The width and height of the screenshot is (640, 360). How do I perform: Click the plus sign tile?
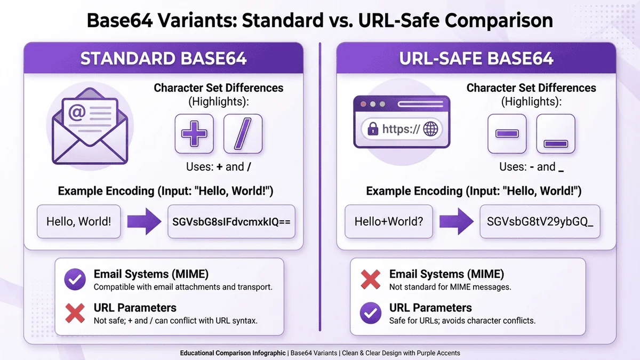pos(194,134)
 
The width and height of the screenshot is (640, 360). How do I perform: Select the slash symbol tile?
pos(243,134)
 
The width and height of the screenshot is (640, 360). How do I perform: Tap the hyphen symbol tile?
pos(507,134)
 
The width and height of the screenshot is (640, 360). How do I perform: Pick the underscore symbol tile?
pos(556,134)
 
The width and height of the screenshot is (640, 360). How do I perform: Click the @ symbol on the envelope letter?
pos(77,113)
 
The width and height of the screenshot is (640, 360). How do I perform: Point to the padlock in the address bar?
pos(373,129)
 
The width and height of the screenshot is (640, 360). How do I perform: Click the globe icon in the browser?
pos(430,129)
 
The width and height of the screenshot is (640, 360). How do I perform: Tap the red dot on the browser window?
pos(363,104)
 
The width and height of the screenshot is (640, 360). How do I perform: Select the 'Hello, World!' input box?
pos(79,221)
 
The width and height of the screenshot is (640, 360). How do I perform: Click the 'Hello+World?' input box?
pos(389,221)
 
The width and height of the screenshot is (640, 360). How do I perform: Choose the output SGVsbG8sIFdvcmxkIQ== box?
pos(231,221)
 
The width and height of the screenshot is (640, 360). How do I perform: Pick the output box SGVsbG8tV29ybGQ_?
pos(540,221)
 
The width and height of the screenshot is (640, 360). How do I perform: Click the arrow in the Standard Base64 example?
pos(145,221)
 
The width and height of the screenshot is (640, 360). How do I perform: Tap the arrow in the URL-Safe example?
pos(457,221)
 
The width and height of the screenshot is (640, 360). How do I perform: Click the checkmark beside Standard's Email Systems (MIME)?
pos(75,279)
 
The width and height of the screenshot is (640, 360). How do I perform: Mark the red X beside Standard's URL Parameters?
pos(75,313)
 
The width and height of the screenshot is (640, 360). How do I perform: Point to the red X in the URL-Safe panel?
pos(371,279)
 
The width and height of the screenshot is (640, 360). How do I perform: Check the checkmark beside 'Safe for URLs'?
pos(371,313)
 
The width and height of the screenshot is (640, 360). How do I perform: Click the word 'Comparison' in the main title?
pos(499,21)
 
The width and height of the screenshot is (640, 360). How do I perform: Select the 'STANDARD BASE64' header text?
pos(163,58)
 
